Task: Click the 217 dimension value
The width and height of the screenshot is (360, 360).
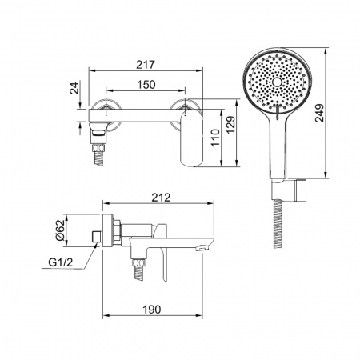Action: click(x=146, y=65)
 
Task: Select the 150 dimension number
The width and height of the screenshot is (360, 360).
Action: click(x=146, y=85)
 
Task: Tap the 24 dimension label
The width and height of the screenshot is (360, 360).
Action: click(x=74, y=88)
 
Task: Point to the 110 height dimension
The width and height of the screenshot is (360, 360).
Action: click(x=215, y=137)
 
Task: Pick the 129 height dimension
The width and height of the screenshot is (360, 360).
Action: click(x=231, y=124)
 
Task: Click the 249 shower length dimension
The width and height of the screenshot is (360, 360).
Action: click(x=319, y=113)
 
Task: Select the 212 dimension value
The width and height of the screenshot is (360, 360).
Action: click(x=161, y=198)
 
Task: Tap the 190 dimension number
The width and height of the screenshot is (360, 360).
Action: click(x=152, y=310)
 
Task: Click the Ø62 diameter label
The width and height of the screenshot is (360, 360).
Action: click(x=60, y=230)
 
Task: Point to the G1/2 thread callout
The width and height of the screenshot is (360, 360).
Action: click(x=61, y=262)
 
